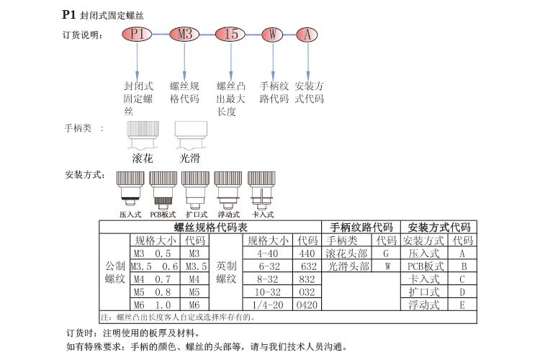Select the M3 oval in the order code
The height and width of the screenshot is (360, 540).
pos(185,34)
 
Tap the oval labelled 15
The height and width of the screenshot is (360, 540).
pos(231,34)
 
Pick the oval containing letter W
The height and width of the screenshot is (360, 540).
pos(271,34)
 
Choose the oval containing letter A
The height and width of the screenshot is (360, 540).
pos(307,34)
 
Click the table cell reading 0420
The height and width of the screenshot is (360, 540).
pos(307,305)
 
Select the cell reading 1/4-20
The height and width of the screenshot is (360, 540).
pos(267,305)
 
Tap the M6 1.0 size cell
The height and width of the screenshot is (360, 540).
pos(153,305)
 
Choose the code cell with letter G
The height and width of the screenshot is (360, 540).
pos(387,253)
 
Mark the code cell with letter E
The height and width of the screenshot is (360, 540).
pos(463,305)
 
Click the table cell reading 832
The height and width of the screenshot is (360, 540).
pos(307,279)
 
